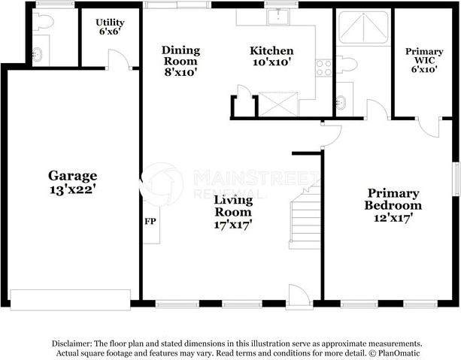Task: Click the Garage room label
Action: (73, 176)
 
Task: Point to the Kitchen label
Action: (271, 50)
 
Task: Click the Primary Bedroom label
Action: (393, 198)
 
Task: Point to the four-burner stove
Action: (324, 68)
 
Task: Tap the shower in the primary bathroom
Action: (362, 29)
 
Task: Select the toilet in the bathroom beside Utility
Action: (43, 22)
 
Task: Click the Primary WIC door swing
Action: (429, 126)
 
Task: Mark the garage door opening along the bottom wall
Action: (72, 298)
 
